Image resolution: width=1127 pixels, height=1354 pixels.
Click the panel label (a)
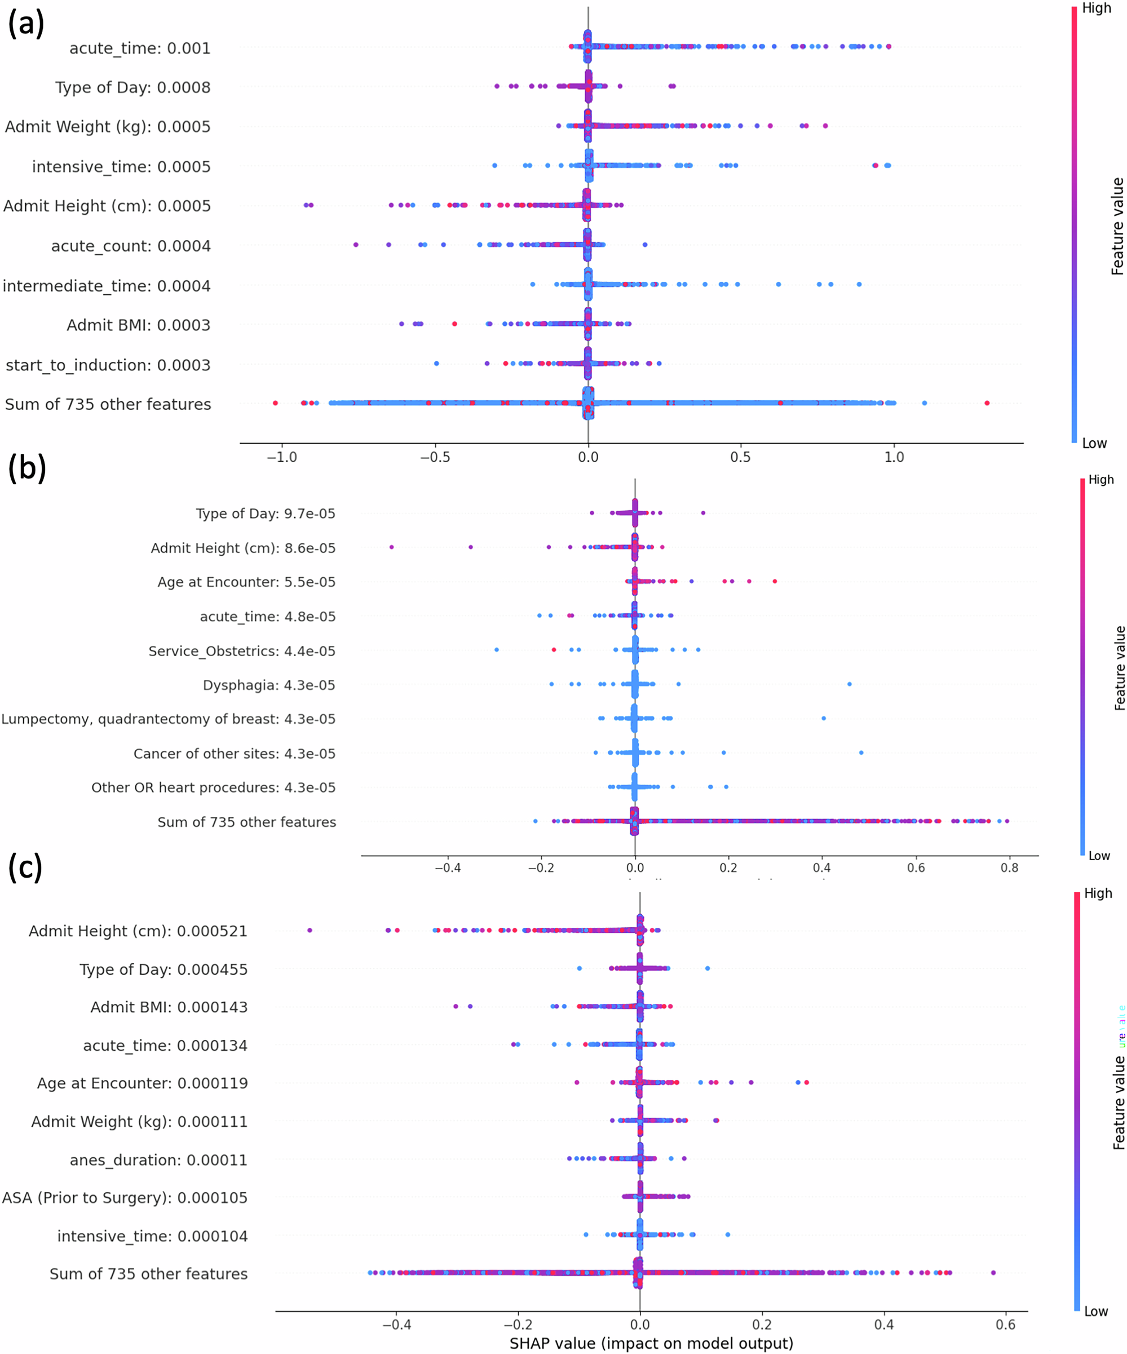pos(26,24)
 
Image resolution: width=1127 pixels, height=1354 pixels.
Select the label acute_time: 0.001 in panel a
pos(140,48)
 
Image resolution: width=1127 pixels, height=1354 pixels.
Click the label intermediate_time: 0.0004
pos(107,286)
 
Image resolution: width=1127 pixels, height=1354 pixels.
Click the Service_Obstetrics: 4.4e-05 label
pos(242,651)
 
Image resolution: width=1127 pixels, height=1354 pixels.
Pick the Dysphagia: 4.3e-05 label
pos(269,685)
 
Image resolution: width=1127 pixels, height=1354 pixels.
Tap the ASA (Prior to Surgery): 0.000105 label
pos(125,1197)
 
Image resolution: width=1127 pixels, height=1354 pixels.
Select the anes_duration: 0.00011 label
pos(158,1160)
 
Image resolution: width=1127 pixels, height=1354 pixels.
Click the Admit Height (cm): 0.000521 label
pos(138,931)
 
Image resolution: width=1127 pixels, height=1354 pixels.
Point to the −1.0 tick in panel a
pos(282,457)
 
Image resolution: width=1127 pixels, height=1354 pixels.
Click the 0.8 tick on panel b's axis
pos(1009,868)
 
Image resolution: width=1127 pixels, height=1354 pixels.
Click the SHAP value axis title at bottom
pos(651,1344)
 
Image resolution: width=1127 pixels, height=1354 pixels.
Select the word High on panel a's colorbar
pos(1097,8)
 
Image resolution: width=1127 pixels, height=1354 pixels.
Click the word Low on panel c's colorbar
pos(1096,1312)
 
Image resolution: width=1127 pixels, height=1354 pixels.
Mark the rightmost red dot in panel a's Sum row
pos(987,403)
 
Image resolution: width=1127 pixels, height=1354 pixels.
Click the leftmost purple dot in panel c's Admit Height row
pos(310,930)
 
